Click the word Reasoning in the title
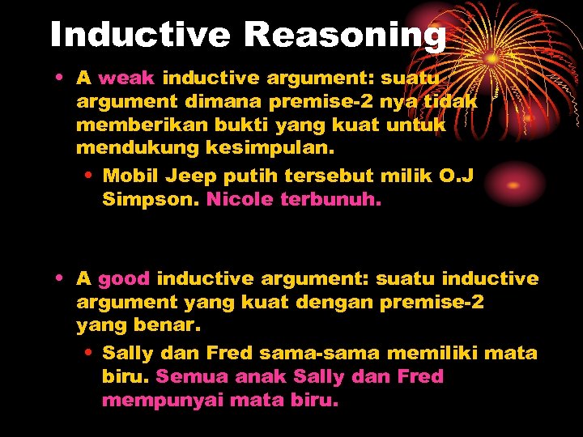coord(344,35)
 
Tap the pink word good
coord(124,279)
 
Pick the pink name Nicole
coord(240,200)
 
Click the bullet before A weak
coord(61,79)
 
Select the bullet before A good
coord(61,280)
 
